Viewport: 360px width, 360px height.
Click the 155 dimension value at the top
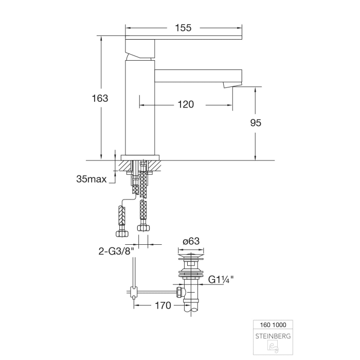pyautogui.click(x=183, y=28)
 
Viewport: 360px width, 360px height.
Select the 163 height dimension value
pyautogui.click(x=99, y=98)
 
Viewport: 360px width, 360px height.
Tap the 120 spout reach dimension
pyautogui.click(x=186, y=104)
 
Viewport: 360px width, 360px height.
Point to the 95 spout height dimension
pyautogui.click(x=256, y=122)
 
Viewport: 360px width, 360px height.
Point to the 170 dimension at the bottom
pyautogui.click(x=163, y=305)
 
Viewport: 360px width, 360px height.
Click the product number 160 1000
pyautogui.click(x=273, y=325)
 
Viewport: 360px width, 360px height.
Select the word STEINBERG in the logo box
pyautogui.click(x=273, y=336)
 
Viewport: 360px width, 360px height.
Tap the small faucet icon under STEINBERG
pyautogui.click(x=273, y=348)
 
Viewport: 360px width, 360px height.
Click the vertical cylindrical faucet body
pyautogui.click(x=140, y=108)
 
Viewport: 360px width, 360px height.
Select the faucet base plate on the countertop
pyautogui.click(x=140, y=157)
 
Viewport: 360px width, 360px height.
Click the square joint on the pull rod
pyautogui.click(x=135, y=293)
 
